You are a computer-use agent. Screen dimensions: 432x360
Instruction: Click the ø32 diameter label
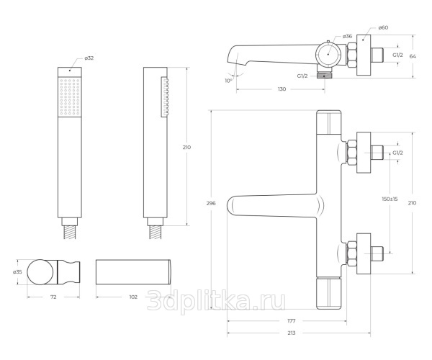tap(89, 58)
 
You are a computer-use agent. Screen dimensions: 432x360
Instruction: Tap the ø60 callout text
tap(383, 27)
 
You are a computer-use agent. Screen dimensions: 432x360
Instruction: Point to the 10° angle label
tap(228, 81)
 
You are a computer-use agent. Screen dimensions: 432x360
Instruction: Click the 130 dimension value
tap(282, 89)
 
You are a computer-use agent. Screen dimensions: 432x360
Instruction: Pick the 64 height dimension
tap(413, 56)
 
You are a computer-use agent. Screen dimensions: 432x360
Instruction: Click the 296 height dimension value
tap(211, 203)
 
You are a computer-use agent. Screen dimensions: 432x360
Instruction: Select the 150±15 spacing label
tap(390, 199)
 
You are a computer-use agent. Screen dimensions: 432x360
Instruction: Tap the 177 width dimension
tap(291, 321)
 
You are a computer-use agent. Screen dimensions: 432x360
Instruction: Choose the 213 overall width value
tap(291, 333)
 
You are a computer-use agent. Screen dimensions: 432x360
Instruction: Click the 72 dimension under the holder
tap(53, 297)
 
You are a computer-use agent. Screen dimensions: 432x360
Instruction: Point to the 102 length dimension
tap(133, 297)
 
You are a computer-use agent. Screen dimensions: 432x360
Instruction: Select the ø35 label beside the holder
tap(17, 272)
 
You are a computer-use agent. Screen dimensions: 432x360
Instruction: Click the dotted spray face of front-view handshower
tap(70, 97)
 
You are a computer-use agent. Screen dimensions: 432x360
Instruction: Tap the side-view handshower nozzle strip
tap(165, 97)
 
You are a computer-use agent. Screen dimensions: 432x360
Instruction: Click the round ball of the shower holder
tap(40, 272)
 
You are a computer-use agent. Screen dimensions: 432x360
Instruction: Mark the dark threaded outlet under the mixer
tap(324, 76)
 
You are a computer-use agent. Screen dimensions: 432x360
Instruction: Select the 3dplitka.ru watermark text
tap(216, 302)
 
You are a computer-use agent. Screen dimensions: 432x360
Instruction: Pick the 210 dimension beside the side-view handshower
tap(186, 148)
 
